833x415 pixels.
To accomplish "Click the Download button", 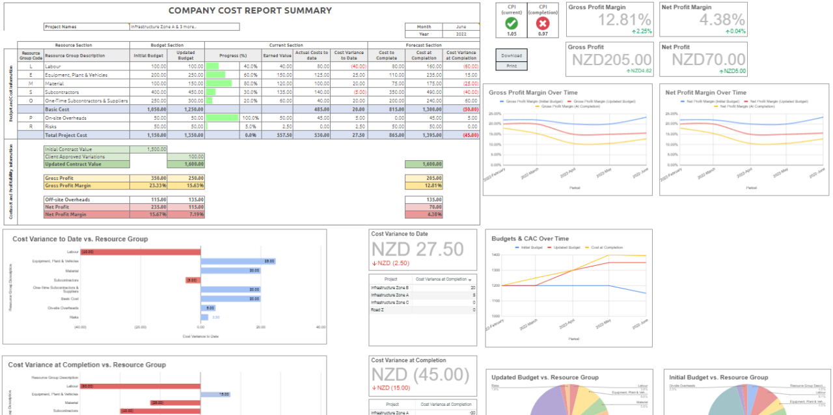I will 512,55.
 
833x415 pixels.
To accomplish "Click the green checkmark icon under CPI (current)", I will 512,23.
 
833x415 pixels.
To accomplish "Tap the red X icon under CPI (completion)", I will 543,23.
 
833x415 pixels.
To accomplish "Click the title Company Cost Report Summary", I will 250,10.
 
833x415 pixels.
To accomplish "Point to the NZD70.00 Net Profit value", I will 708,60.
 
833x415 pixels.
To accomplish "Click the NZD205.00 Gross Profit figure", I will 612,60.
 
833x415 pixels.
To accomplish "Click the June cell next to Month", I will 461,27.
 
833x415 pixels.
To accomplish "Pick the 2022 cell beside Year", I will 461,34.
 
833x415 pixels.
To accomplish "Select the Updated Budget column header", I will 185,56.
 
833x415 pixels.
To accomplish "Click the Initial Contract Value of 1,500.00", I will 148,149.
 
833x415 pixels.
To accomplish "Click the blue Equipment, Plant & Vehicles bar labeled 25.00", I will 238,261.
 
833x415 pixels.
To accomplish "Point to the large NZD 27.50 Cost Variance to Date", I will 417,250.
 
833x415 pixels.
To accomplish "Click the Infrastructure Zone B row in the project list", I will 390,287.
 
